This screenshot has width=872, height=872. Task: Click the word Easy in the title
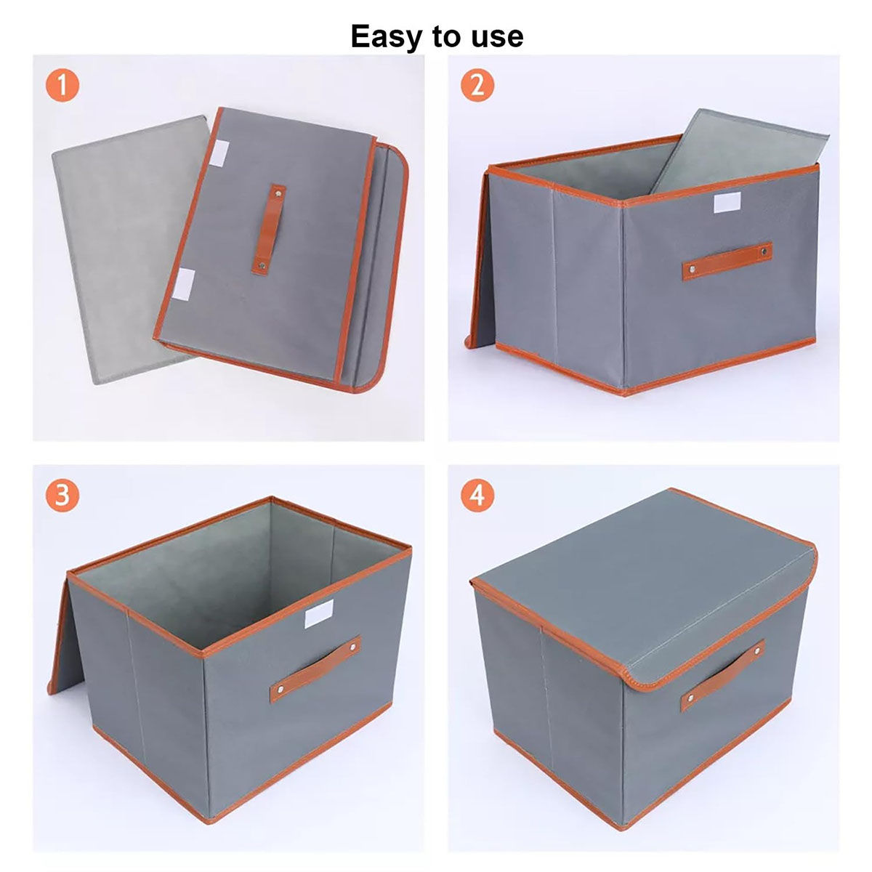click(386, 36)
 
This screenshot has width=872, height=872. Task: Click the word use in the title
click(496, 36)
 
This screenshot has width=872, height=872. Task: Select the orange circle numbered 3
click(62, 496)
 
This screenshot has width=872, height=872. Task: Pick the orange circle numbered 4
click(477, 496)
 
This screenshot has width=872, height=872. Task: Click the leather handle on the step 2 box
click(727, 261)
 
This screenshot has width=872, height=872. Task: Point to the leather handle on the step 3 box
click(315, 669)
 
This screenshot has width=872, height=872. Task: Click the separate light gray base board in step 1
click(116, 247)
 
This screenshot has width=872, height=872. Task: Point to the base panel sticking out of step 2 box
click(719, 149)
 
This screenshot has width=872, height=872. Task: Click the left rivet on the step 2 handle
click(693, 270)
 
